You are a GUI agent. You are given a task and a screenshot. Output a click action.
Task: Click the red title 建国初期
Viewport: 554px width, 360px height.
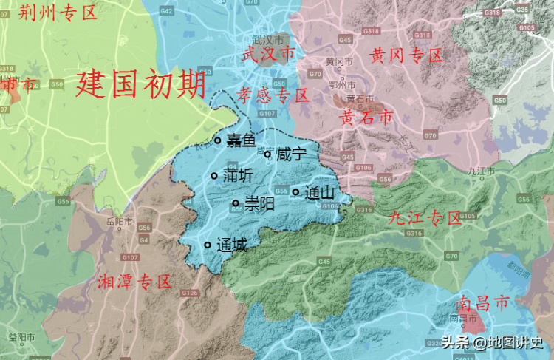(x=140, y=84)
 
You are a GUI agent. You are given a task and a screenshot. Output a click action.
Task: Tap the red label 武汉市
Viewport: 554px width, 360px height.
(x=267, y=54)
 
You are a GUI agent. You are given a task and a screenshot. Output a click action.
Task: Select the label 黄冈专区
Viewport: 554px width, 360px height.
(x=407, y=55)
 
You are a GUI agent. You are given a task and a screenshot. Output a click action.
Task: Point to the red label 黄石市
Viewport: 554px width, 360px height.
(x=366, y=117)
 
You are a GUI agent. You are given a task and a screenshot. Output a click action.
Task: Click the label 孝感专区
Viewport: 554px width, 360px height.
(x=273, y=95)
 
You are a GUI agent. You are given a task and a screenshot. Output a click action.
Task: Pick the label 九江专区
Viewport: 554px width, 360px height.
(x=425, y=218)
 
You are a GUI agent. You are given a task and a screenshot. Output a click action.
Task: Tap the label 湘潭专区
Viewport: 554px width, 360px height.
(x=134, y=282)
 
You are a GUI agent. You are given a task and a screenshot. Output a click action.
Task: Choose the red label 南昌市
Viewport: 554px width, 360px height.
(x=482, y=303)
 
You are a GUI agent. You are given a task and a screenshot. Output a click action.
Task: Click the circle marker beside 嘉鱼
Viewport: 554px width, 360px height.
(x=217, y=140)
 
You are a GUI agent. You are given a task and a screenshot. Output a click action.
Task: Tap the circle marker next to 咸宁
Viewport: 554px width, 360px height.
(x=267, y=154)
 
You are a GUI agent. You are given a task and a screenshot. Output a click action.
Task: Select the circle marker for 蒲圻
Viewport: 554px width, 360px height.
(x=214, y=176)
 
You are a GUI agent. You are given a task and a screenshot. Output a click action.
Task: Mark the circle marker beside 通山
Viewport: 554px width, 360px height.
(x=295, y=192)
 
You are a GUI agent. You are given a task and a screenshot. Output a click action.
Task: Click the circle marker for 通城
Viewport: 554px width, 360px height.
(x=208, y=245)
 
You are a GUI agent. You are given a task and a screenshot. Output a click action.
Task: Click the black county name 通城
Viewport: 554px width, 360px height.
(x=233, y=245)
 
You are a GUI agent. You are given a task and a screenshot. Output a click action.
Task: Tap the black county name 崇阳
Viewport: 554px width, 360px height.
(x=259, y=203)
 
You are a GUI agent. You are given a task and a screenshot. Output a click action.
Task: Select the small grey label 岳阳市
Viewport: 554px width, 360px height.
(x=119, y=221)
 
